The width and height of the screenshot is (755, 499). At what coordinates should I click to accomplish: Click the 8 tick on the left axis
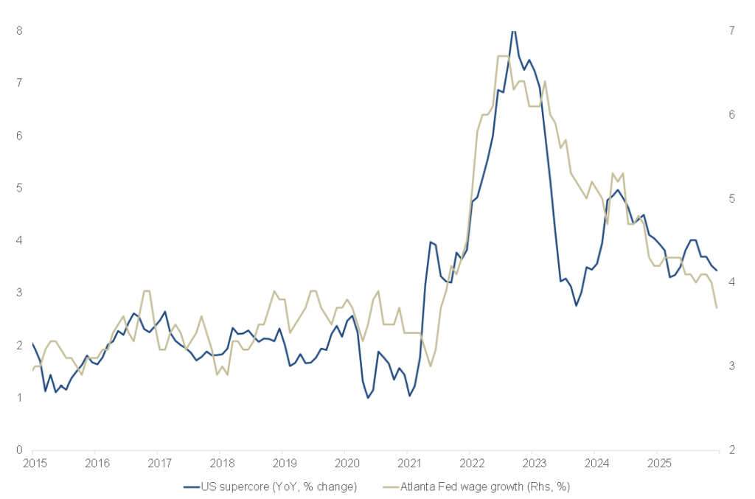[x=20, y=30]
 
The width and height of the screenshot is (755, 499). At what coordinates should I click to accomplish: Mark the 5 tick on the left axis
[x=20, y=188]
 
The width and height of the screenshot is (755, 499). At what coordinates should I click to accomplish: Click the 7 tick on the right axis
[x=731, y=30]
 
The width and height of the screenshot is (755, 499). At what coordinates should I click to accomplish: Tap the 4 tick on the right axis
[x=731, y=282]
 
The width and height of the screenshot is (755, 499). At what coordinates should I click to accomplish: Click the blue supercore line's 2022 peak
[x=513, y=30]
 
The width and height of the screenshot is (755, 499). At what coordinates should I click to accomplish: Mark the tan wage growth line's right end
[x=717, y=307]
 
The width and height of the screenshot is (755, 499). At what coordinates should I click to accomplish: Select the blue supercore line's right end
[x=717, y=271]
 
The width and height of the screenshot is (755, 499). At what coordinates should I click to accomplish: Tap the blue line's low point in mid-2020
[x=368, y=398]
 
